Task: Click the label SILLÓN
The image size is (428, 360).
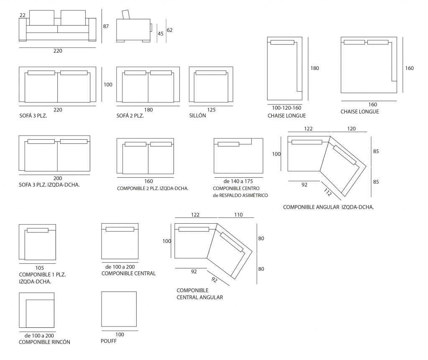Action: click(x=198, y=117)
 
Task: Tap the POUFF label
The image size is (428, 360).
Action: click(x=108, y=341)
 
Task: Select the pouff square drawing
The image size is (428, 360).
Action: click(x=119, y=309)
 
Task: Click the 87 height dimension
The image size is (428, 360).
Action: click(x=106, y=26)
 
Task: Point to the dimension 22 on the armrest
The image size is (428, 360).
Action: click(x=22, y=15)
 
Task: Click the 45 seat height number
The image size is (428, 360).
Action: click(x=160, y=34)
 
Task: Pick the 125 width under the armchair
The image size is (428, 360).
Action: click(x=211, y=110)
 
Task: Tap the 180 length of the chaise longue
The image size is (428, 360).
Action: click(x=315, y=68)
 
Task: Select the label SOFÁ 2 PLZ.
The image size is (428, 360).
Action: click(x=130, y=117)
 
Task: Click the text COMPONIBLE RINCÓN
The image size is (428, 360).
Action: click(x=44, y=342)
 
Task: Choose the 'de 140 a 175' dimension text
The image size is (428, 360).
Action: click(x=239, y=181)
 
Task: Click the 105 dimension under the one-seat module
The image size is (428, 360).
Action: click(x=40, y=268)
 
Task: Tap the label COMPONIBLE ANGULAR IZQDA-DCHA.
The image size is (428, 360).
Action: click(x=328, y=207)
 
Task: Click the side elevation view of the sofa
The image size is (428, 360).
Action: click(x=133, y=28)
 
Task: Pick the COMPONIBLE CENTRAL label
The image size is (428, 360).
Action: click(x=128, y=273)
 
